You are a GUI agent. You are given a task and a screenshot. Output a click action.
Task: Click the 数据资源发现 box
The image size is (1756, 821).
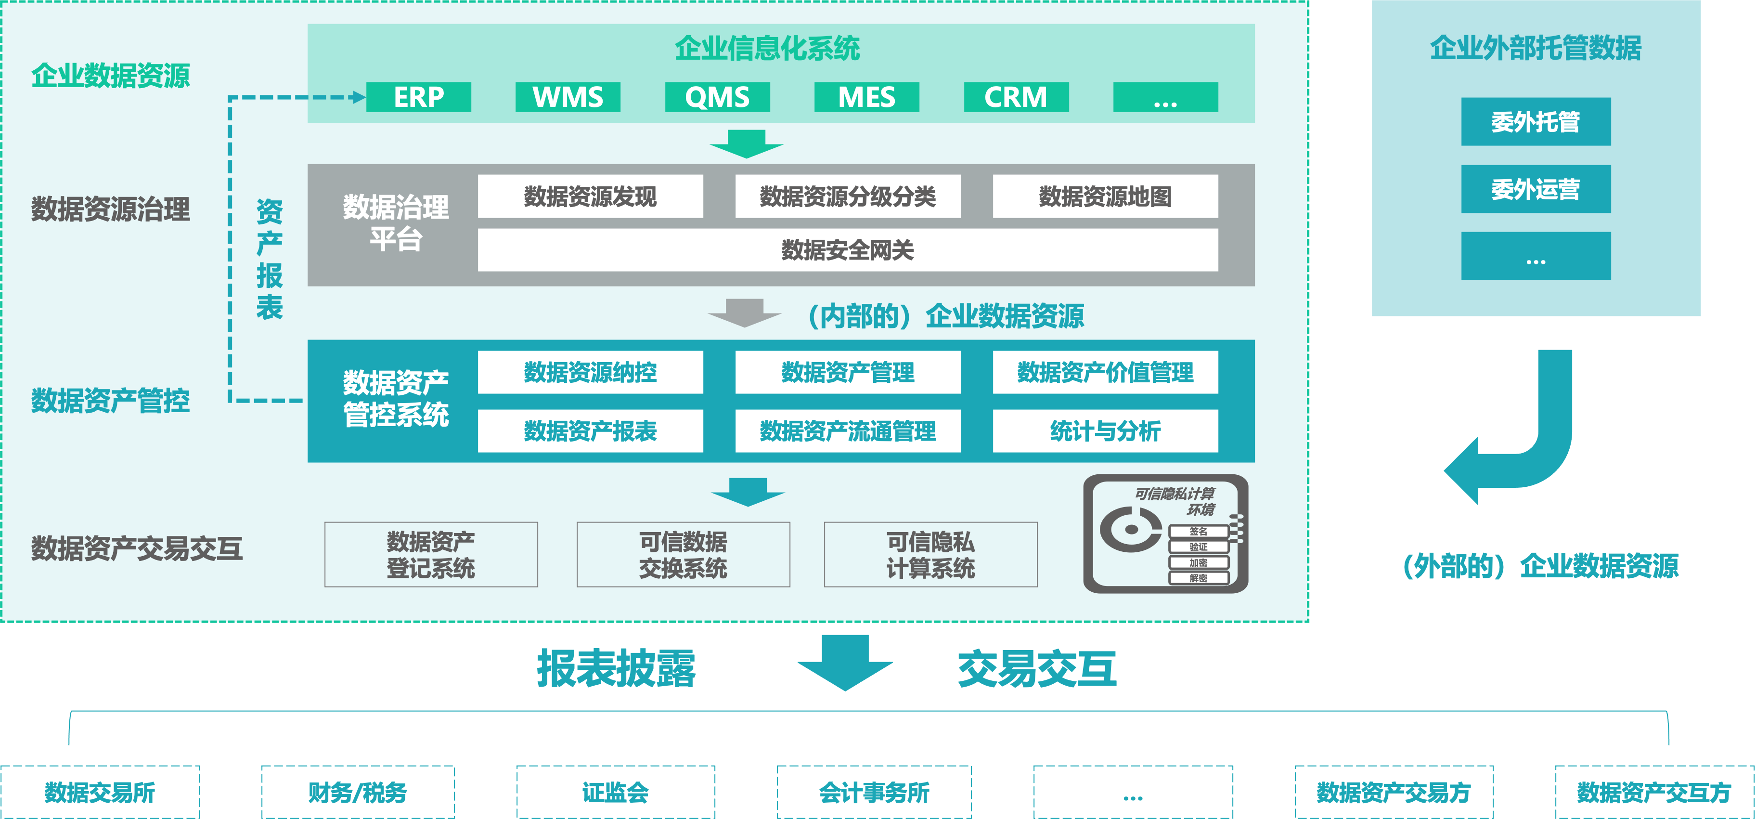tap(590, 196)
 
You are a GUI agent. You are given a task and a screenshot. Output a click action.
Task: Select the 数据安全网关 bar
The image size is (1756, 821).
tap(847, 250)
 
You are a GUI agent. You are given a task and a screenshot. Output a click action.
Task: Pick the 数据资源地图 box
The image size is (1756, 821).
tap(1105, 196)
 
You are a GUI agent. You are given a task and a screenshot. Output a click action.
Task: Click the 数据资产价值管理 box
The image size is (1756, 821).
tap(1105, 372)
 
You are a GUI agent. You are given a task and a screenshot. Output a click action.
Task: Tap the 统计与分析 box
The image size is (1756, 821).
tap(1105, 431)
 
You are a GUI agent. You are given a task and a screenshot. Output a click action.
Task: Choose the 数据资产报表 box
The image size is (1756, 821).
tap(590, 431)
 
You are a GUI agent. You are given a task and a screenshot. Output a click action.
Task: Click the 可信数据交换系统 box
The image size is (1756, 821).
tap(683, 554)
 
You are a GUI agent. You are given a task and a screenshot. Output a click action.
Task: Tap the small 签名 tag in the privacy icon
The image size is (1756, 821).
tap(1199, 531)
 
